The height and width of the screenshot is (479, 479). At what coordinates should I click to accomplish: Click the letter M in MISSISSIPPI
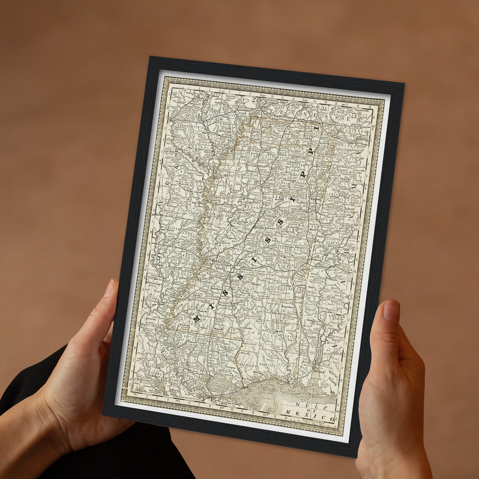click(x=197, y=319)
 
